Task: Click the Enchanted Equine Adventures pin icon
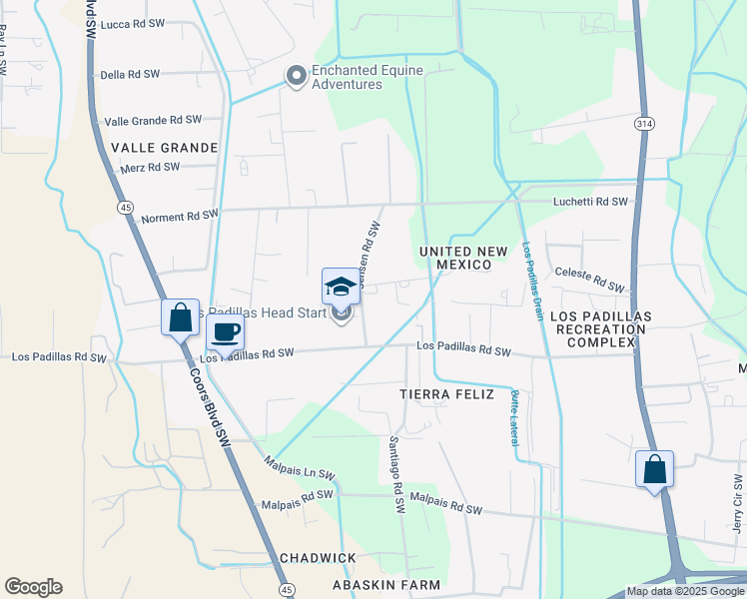pos(296,76)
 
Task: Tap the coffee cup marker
pos(226,332)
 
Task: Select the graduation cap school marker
pos(341,288)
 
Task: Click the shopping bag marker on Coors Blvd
pos(181,317)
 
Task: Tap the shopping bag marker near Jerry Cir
pos(654,469)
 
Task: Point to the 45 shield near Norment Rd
pos(125,207)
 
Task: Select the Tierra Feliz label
pos(446,394)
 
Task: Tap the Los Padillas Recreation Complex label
pos(601,328)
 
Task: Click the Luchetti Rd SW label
pos(591,202)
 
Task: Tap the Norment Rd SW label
pos(179,216)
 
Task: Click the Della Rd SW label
pos(130,74)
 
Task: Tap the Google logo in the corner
pos(33,587)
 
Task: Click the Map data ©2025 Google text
pos(685,591)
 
